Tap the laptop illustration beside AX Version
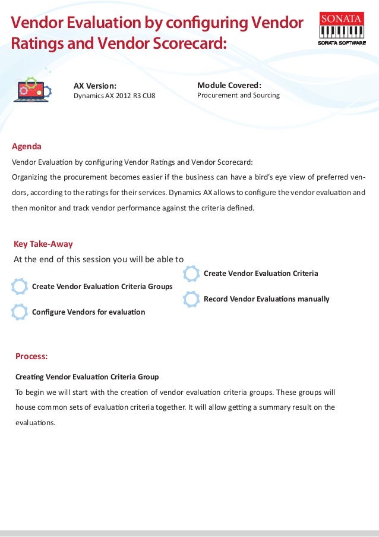[x=33, y=90]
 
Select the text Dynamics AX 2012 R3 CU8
[x=114, y=96]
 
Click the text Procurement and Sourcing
[x=238, y=95]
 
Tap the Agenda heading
[x=27, y=146]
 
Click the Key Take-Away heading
[x=43, y=244]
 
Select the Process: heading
[x=31, y=357]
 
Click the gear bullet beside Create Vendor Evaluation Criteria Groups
[x=20, y=287]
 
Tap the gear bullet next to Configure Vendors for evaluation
[x=20, y=312]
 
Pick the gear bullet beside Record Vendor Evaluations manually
[x=191, y=299]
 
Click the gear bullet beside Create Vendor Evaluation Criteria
[x=191, y=274]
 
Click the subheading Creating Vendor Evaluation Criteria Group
[x=87, y=377]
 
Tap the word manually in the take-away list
[x=311, y=299]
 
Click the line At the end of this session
[x=99, y=259]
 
